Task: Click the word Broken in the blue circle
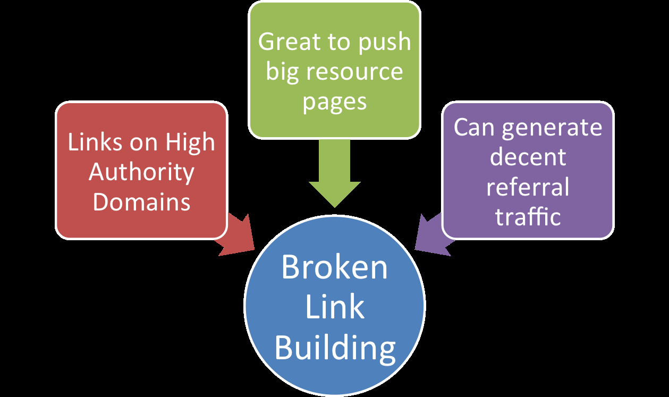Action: coord(334,267)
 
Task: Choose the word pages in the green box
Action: coord(335,101)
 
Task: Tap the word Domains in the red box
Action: coord(141,202)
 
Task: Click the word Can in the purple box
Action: coord(472,128)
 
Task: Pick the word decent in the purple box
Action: coord(528,157)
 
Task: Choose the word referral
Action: coord(528,187)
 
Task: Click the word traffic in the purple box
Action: coord(528,216)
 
